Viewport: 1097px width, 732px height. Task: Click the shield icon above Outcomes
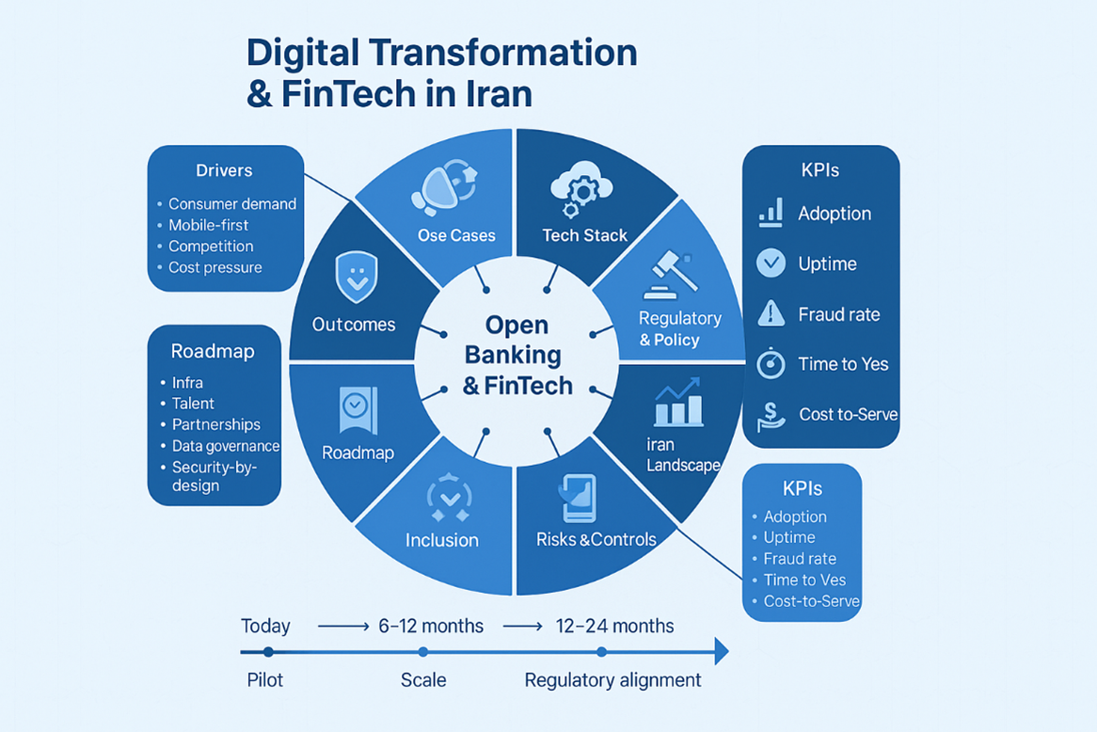[x=356, y=278]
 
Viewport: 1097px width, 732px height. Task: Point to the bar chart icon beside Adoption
[x=771, y=214]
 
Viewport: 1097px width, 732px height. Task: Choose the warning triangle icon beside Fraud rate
[x=771, y=313]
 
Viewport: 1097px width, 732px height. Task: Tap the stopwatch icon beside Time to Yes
[x=771, y=363]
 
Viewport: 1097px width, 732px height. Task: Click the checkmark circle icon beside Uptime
[x=771, y=263]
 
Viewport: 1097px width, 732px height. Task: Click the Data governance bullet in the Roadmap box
[x=225, y=446]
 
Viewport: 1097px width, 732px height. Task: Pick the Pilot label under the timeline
[x=264, y=680]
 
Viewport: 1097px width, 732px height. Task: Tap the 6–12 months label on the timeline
[x=431, y=626]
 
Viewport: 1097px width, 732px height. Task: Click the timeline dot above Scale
[x=423, y=651]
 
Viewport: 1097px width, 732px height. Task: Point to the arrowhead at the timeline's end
[x=721, y=651]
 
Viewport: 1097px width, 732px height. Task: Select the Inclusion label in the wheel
[x=441, y=540]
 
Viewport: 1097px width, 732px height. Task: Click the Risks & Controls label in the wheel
[x=596, y=540]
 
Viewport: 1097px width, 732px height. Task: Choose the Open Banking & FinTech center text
[x=517, y=355]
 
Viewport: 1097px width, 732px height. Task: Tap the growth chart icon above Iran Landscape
[x=677, y=403]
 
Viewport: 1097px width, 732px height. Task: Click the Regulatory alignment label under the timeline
[x=612, y=680]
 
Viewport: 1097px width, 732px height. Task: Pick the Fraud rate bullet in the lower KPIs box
[x=800, y=559]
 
